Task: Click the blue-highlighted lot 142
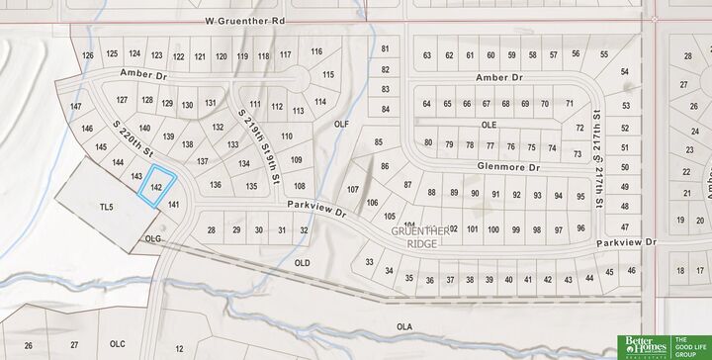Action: point(156,187)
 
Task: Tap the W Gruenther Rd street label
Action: point(246,20)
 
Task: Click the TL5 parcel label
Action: point(108,207)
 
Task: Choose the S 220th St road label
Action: point(135,140)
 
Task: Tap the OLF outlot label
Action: point(343,124)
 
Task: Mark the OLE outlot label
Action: point(488,125)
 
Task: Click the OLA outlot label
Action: point(403,325)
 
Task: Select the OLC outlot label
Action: point(117,343)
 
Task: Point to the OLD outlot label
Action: point(302,262)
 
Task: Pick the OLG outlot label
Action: point(152,238)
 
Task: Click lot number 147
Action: point(76,106)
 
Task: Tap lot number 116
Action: point(316,51)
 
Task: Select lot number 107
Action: point(352,189)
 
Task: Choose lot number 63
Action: point(426,56)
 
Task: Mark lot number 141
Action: point(173,204)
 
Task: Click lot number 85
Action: point(378,143)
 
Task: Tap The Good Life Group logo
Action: point(690,346)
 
